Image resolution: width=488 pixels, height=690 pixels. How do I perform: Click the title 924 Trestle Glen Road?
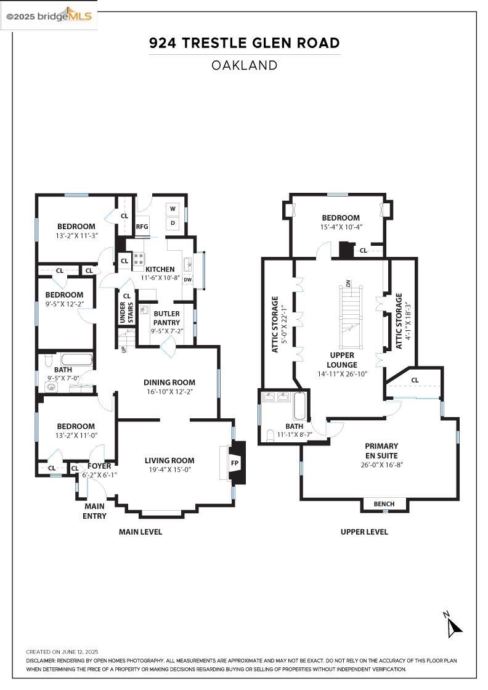click(x=244, y=43)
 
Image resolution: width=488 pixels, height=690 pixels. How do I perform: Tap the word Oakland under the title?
click(x=244, y=65)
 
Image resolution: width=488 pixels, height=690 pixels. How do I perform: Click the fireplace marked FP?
click(x=234, y=463)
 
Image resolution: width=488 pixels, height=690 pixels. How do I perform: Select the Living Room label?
click(x=169, y=460)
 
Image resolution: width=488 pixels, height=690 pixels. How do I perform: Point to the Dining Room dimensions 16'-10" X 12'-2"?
click(x=169, y=392)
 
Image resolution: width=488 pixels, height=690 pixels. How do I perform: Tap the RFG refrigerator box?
click(x=142, y=226)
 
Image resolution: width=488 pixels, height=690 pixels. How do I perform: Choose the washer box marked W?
click(x=173, y=208)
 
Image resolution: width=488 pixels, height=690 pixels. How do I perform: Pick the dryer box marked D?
click(x=173, y=222)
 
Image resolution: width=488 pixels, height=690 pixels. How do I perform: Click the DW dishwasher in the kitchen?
click(x=187, y=280)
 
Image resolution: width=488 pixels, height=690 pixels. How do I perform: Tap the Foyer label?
click(x=99, y=466)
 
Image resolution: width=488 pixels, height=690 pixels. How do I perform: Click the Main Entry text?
click(x=95, y=511)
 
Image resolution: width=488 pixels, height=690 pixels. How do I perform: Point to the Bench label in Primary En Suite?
click(x=384, y=504)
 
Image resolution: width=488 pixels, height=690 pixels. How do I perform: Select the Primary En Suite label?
click(x=381, y=451)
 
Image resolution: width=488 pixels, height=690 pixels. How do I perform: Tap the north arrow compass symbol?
click(x=453, y=625)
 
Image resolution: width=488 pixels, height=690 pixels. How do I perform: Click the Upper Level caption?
click(x=364, y=532)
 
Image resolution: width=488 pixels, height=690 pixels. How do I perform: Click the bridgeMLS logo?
click(x=49, y=15)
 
